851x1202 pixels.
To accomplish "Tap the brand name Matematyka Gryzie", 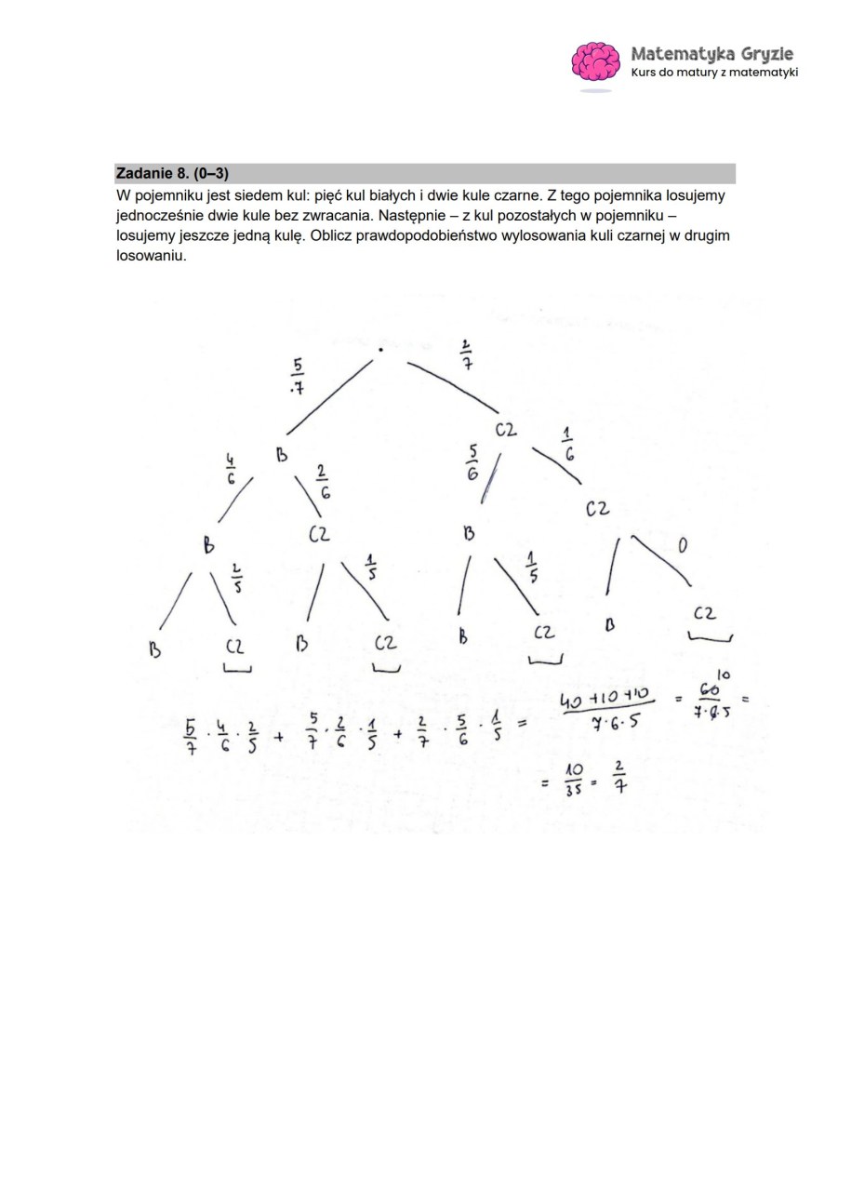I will pyautogui.click(x=711, y=53).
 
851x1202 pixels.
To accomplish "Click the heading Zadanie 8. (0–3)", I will pyautogui.click(x=172, y=173).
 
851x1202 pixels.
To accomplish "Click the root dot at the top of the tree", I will pyautogui.click(x=381, y=350).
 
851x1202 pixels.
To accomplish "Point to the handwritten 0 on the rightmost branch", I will pyautogui.click(x=682, y=546).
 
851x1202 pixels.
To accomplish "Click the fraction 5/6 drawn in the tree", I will pyautogui.click(x=472, y=461).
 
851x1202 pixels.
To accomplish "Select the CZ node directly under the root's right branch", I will pyautogui.click(x=505, y=430).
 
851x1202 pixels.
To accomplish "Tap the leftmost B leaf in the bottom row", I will pyautogui.click(x=154, y=650).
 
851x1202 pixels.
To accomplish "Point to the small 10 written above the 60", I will pyautogui.click(x=724, y=674).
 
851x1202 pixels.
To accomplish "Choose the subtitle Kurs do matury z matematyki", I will pyautogui.click(x=713, y=73).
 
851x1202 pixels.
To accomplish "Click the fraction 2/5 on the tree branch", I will pyautogui.click(x=236, y=577).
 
